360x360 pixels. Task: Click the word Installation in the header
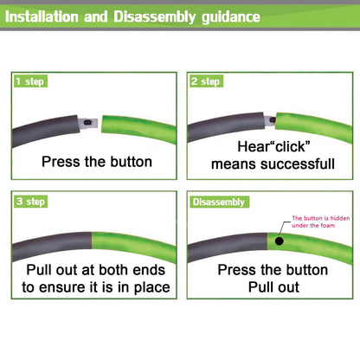(42, 16)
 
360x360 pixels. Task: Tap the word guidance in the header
(231, 17)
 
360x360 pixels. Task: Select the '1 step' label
(30, 81)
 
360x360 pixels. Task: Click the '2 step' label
(206, 81)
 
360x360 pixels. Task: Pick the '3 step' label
(30, 202)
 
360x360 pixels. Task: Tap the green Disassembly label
(219, 202)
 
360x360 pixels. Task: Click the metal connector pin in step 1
(88, 123)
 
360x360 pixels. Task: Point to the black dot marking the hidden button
(279, 241)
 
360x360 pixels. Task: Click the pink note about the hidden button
(320, 222)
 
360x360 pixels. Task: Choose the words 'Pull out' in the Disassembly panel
(273, 287)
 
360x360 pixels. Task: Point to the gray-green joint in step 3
(92, 241)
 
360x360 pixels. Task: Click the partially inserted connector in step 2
(270, 121)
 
